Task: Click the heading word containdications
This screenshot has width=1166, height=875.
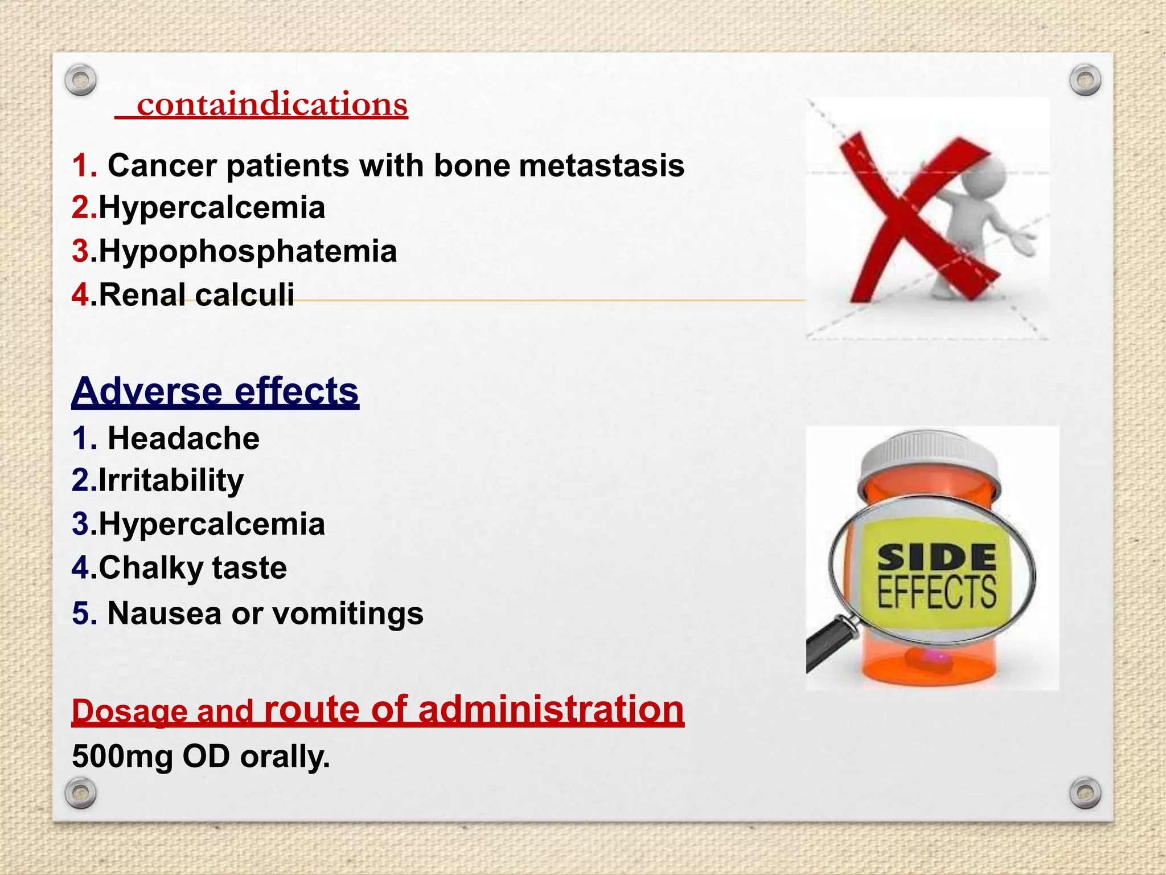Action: click(x=272, y=105)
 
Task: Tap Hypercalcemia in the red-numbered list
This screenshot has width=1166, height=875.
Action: click(x=211, y=207)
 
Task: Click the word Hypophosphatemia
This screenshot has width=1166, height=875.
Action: click(x=248, y=251)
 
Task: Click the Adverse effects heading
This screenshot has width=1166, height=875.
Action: click(x=215, y=391)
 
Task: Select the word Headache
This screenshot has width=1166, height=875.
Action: click(x=183, y=439)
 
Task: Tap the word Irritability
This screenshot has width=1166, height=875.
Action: click(x=171, y=480)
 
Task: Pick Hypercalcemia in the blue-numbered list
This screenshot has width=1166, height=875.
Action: click(x=211, y=524)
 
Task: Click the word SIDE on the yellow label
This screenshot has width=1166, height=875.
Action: click(x=937, y=558)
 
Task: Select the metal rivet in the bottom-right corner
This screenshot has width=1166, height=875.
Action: click(x=1085, y=793)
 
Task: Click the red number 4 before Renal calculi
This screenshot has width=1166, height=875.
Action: click(x=80, y=295)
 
